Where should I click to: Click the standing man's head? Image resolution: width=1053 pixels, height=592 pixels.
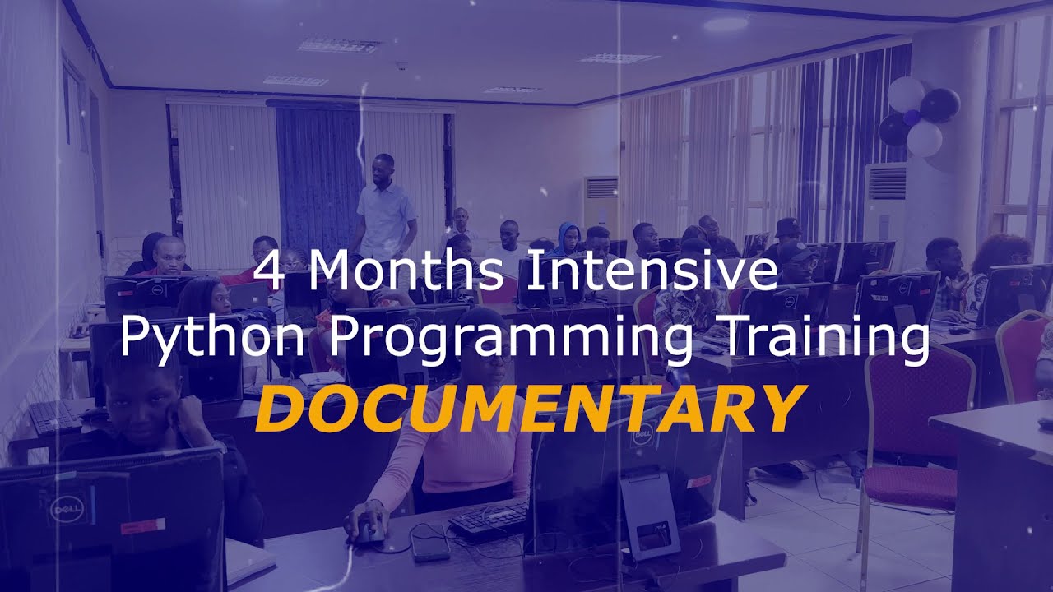click(383, 168)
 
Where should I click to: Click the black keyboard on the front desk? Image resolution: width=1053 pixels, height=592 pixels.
click(488, 520)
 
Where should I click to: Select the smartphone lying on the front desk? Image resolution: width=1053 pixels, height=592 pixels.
click(429, 543)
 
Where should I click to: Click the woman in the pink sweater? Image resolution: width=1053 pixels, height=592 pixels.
click(461, 444)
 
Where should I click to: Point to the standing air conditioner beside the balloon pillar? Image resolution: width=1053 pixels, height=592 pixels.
click(884, 206)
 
